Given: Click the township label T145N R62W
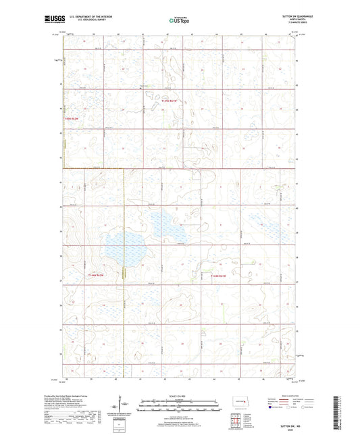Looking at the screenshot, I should point(71,120).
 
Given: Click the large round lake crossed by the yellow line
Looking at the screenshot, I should point(133,250).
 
